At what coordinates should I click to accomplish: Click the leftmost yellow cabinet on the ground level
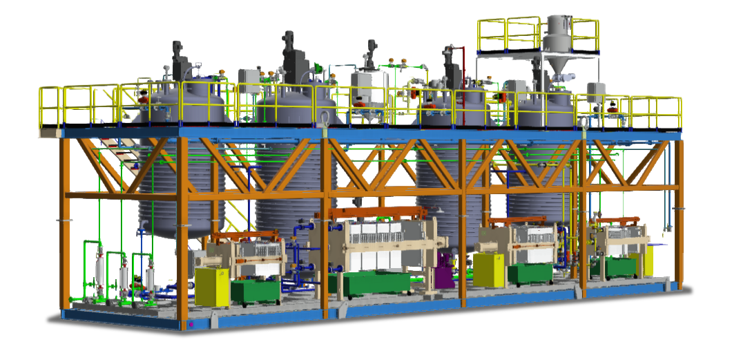pyautogui.click(x=211, y=287)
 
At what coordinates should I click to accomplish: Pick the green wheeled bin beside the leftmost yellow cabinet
pyautogui.click(x=256, y=291)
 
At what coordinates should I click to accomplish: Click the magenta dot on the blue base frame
pyautogui.click(x=191, y=323)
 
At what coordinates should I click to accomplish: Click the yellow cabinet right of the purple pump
pyautogui.click(x=488, y=270)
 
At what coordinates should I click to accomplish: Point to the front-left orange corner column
pyautogui.click(x=66, y=221)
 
